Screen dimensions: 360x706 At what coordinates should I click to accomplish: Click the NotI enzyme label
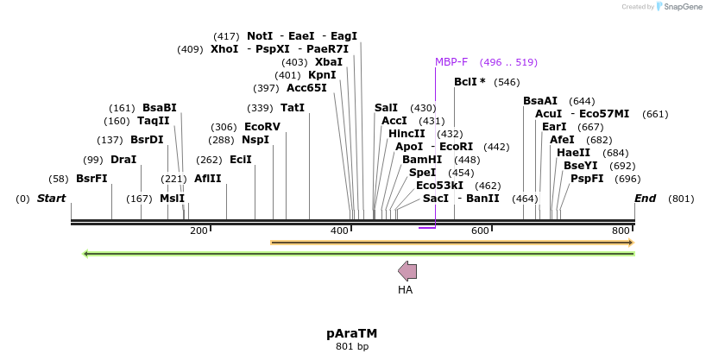coord(260,36)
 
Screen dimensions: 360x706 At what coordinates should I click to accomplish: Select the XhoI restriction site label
coord(224,49)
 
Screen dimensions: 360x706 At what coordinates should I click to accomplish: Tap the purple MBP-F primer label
coord(451,62)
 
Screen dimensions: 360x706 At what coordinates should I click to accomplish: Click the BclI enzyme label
coord(470,82)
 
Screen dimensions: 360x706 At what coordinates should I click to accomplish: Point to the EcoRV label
coord(262,127)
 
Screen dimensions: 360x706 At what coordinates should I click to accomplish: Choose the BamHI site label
coord(422,160)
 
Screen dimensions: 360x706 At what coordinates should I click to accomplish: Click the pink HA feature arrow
coord(407,271)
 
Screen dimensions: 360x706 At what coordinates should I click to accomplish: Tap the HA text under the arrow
coord(406,290)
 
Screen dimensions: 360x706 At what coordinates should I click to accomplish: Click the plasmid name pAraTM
coord(351,333)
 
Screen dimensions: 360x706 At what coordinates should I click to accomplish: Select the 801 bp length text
coord(351,347)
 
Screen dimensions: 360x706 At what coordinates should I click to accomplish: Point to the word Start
coord(51,199)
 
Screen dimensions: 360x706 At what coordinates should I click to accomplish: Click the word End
coord(645,199)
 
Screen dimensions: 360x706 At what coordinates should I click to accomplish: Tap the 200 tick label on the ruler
coord(199,231)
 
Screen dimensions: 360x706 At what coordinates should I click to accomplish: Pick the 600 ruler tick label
coord(479,231)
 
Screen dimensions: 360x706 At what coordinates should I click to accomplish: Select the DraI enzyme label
coord(123,160)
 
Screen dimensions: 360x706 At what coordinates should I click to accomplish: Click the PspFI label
coord(587,179)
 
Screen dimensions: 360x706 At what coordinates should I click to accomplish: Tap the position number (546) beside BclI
coord(507,82)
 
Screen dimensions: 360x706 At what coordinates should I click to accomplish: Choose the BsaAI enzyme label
coord(540,101)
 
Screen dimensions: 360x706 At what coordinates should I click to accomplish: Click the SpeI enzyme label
coord(423,173)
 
